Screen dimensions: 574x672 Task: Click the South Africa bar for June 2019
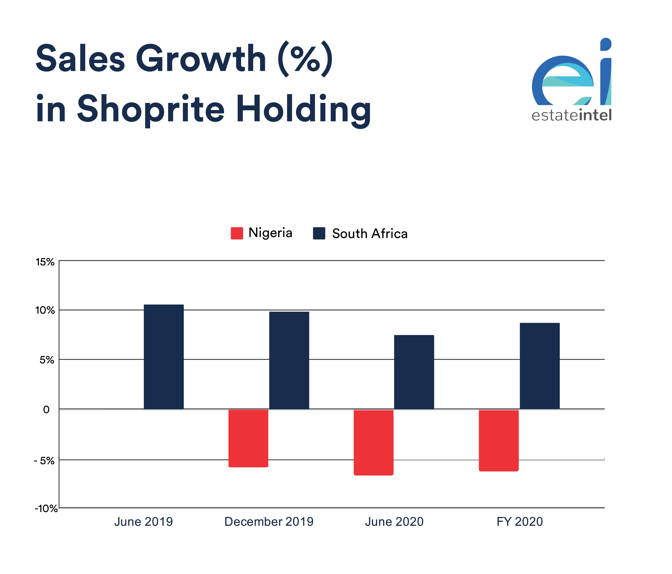tap(164, 356)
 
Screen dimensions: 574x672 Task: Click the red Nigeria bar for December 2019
tap(248, 438)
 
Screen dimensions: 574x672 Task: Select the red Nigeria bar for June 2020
tap(373, 442)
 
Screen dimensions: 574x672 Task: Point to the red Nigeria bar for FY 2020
tap(498, 440)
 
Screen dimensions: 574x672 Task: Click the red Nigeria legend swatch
tap(237, 233)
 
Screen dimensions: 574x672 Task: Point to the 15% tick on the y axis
tap(45, 262)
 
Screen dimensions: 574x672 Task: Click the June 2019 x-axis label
tap(143, 522)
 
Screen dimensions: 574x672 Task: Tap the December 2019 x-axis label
tap(269, 522)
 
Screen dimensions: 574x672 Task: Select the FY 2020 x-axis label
tap(520, 522)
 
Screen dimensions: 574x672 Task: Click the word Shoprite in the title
tap(151, 109)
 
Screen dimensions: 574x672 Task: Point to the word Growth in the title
tap(201, 59)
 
